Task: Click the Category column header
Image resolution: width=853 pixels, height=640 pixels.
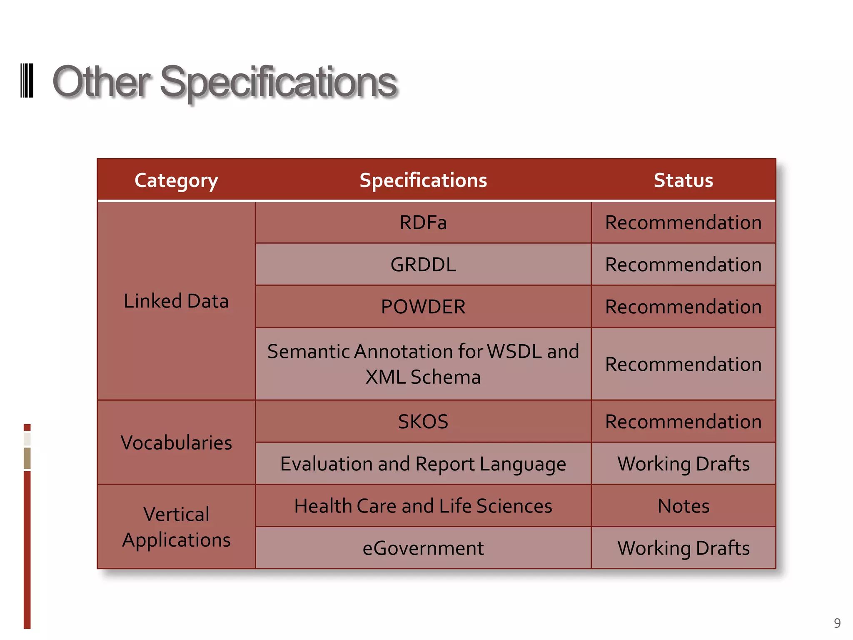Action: tap(176, 180)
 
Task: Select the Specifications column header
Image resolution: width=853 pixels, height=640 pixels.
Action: tap(423, 180)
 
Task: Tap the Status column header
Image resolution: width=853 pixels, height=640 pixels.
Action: tap(683, 180)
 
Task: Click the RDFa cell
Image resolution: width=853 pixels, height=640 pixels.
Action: tap(423, 222)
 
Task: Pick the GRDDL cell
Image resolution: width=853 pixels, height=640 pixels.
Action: tap(423, 265)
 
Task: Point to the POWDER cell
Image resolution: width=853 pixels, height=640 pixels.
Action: tap(423, 307)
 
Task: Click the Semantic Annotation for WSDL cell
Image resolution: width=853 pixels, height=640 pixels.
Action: tap(423, 364)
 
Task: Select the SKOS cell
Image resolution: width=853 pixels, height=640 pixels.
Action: tap(423, 422)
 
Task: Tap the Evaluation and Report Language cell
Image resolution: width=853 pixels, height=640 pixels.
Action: tap(423, 464)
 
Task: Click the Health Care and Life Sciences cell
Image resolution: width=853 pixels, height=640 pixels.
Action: tap(423, 506)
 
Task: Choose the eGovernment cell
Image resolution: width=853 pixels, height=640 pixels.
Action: tap(423, 548)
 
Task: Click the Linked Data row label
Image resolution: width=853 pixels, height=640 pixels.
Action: tap(176, 301)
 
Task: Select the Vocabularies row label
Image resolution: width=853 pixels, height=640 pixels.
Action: tap(176, 442)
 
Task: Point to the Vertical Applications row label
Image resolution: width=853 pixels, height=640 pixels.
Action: tap(176, 527)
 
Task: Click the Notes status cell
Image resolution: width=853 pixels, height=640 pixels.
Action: tap(683, 506)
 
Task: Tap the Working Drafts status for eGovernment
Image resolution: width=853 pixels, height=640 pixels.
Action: tap(683, 548)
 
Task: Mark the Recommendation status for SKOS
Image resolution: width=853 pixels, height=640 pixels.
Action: tap(683, 422)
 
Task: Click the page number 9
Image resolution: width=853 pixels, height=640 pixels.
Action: tap(837, 623)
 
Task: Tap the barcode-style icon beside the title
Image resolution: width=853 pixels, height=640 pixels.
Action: tap(27, 81)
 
